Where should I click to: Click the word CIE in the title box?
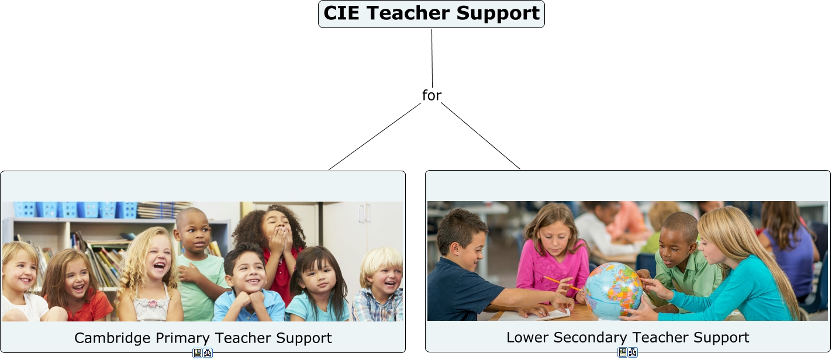341,13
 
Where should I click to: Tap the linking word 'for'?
431,95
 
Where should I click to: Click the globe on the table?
613,290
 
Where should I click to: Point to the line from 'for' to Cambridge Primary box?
375,136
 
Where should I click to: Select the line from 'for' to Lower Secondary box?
481,136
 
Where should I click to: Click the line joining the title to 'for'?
432,58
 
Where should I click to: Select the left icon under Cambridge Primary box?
198,353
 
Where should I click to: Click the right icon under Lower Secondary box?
633,352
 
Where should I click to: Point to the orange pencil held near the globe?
562,283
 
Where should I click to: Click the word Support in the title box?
498,13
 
